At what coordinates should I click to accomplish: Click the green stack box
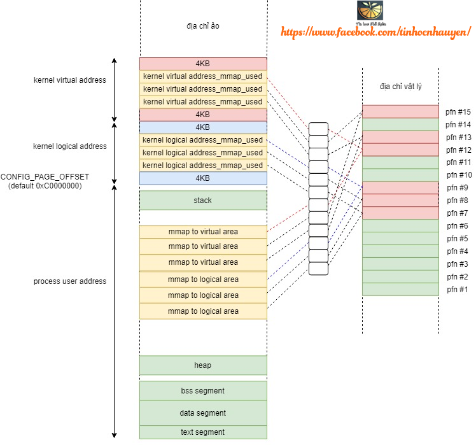[203, 201]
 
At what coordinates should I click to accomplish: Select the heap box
[203, 365]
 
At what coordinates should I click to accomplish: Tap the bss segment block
[203, 391]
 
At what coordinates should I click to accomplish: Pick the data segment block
[203, 413]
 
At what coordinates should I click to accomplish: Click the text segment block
[203, 432]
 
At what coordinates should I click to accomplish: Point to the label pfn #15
[458, 111]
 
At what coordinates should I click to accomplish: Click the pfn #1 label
[457, 290]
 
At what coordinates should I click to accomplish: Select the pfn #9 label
[457, 188]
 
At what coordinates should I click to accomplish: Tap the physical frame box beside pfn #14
[400, 125]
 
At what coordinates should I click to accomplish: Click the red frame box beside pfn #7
[400, 213]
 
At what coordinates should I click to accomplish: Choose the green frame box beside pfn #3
[400, 264]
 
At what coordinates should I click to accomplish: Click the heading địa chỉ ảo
[203, 26]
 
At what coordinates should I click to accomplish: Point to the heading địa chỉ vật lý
[400, 87]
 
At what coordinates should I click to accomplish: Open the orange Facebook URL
[375, 32]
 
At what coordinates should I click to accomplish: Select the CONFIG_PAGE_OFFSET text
[45, 177]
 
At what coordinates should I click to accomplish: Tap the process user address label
[70, 281]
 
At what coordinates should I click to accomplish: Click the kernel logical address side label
[70, 146]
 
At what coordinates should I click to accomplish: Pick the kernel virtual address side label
[70, 80]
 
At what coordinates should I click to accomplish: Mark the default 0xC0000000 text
[45, 186]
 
